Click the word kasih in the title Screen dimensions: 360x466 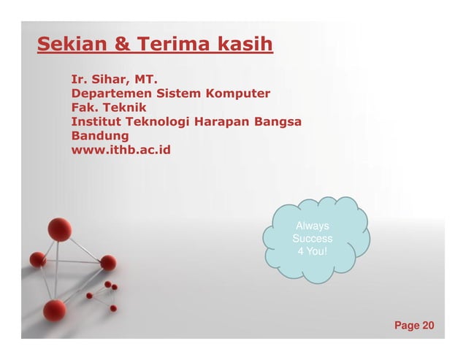(245, 46)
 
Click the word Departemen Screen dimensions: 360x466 (109, 93)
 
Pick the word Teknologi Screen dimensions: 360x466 (160, 121)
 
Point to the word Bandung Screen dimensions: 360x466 (100, 135)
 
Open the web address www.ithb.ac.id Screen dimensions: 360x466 (121, 150)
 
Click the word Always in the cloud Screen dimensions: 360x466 (312, 226)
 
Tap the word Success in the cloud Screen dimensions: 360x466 (312, 239)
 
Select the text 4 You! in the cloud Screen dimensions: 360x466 (312, 251)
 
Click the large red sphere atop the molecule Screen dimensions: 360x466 (59, 229)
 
